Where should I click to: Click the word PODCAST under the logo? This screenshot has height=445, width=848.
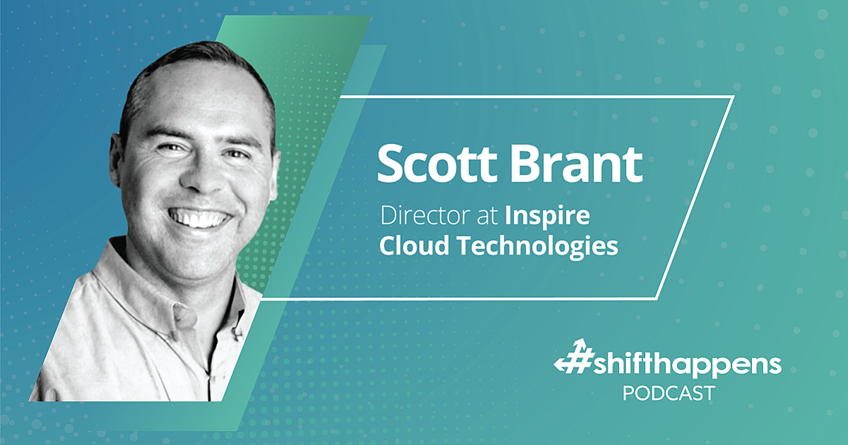668,393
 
